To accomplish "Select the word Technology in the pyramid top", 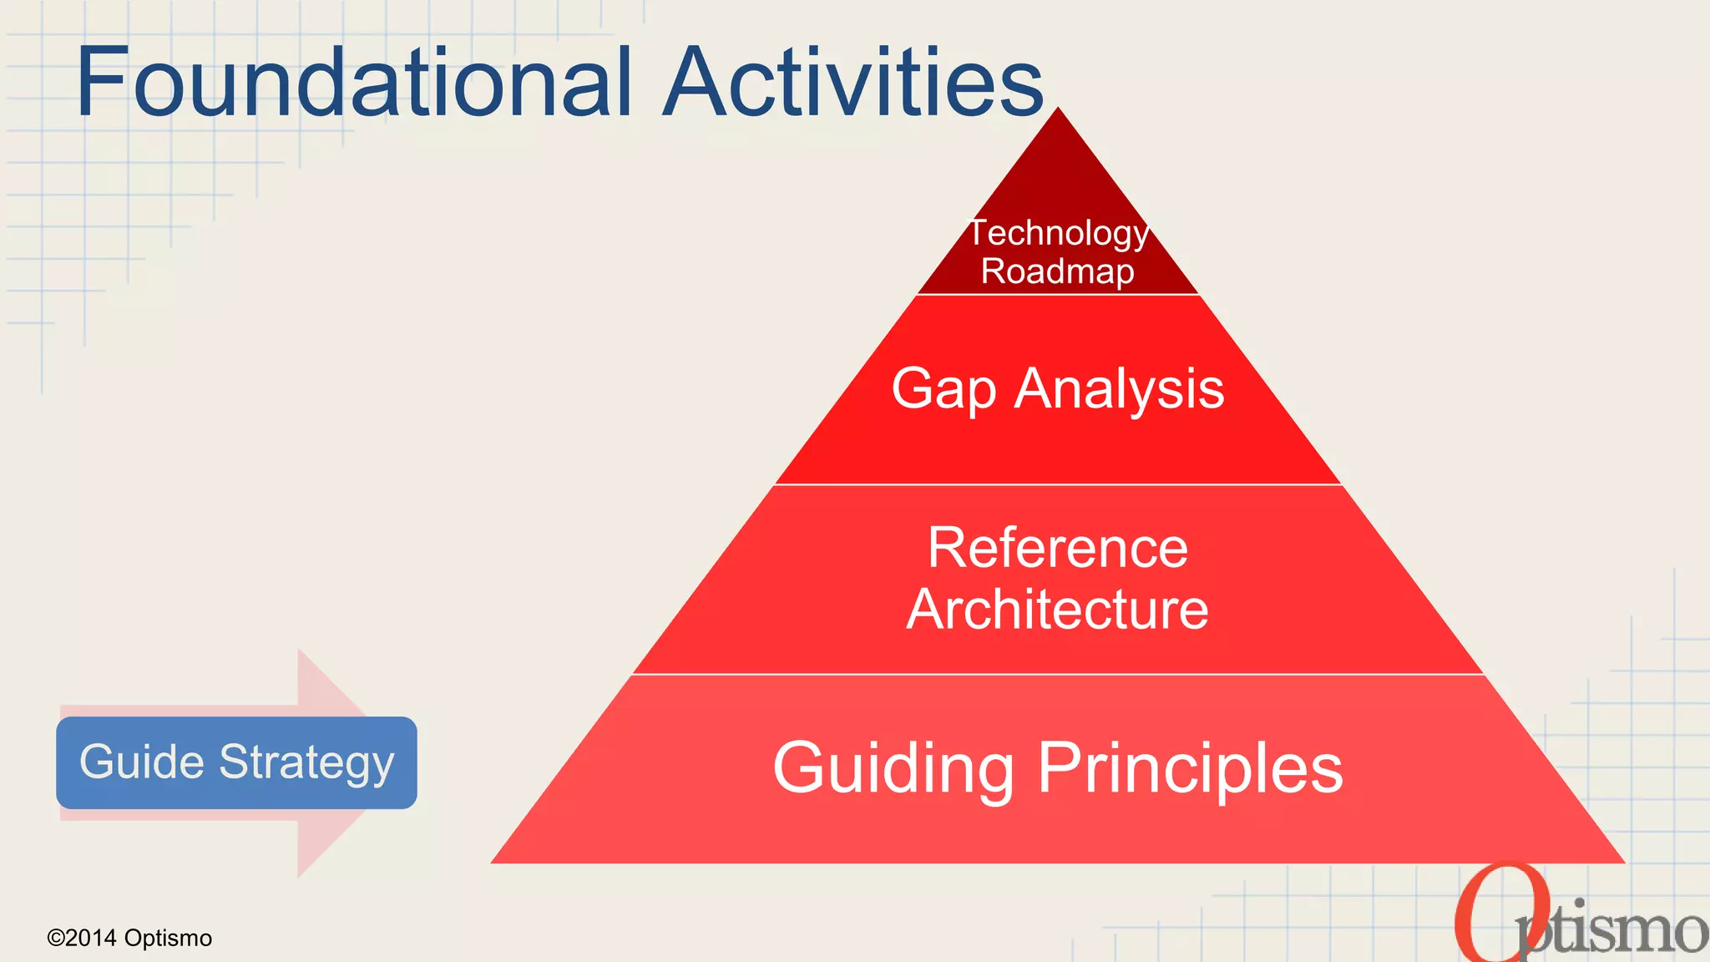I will pyautogui.click(x=1058, y=233).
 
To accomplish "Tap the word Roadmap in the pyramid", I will pyautogui.click(x=1057, y=271).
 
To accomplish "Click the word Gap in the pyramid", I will pyautogui.click(x=944, y=389).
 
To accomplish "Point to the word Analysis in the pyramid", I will pyautogui.click(x=1119, y=389).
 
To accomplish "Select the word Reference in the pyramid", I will pyautogui.click(x=1058, y=549).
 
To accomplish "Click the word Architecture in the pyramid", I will pyautogui.click(x=1058, y=610).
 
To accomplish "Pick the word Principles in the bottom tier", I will pyautogui.click(x=1190, y=768).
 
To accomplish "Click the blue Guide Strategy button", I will pyautogui.click(x=236, y=762).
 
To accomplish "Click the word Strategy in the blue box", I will pyautogui.click(x=306, y=762).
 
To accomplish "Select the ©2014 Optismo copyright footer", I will pyautogui.click(x=129, y=938).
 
